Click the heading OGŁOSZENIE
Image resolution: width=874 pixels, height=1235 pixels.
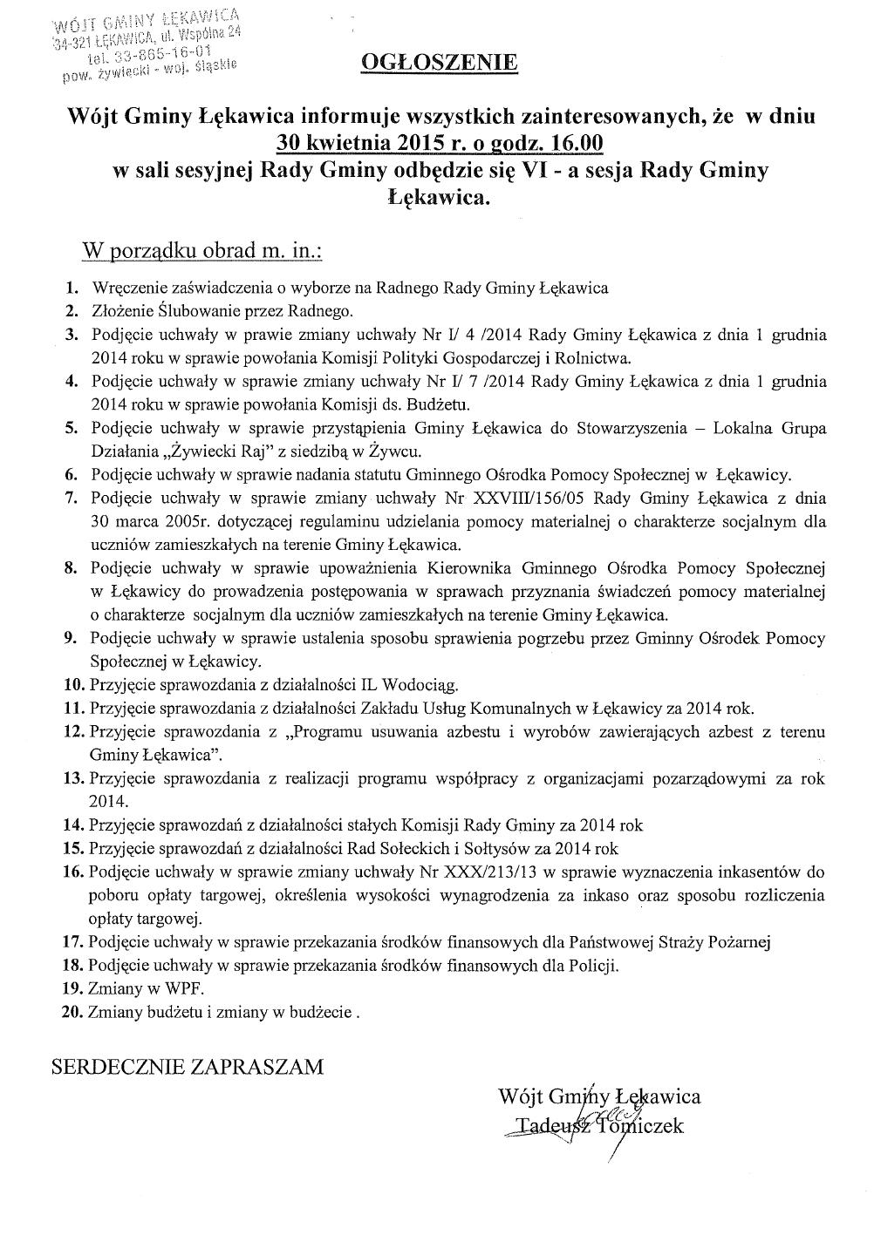439,63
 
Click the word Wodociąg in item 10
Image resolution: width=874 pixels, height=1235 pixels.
442,684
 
